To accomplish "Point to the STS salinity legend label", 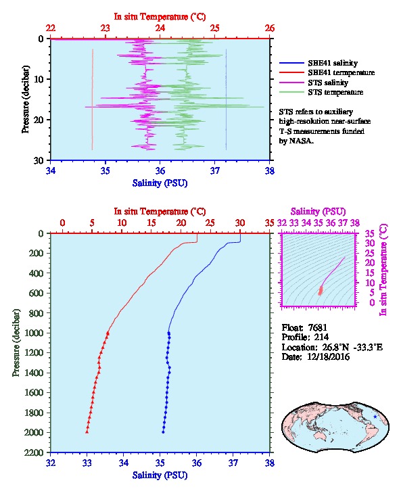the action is point(328,83).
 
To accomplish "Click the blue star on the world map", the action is point(375,417).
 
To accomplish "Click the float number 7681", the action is point(317,327).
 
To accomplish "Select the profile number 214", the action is point(321,337).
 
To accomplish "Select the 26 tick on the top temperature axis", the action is point(270,28).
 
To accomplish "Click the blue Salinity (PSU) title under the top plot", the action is point(160,183).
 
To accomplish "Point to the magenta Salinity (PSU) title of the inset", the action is point(318,212).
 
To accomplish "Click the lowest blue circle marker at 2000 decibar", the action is point(163,432).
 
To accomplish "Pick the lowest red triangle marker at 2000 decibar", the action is point(87,432).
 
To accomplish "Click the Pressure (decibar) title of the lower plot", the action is point(16,343).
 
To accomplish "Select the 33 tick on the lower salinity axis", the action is point(87,463).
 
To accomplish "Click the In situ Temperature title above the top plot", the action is point(160,17).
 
